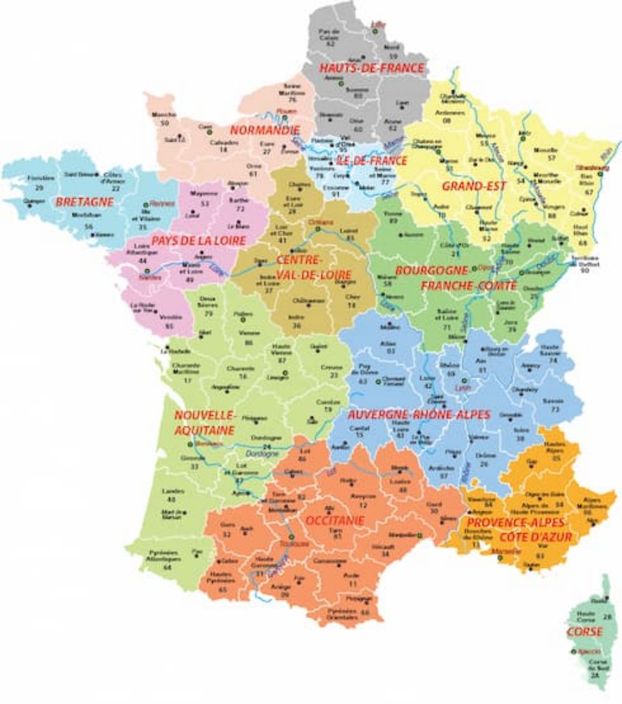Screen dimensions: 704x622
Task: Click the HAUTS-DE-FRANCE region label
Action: point(372,68)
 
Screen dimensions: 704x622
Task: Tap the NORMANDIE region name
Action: point(264,130)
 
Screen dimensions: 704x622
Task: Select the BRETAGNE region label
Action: point(84,202)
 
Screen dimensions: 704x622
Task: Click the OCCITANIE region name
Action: point(334,520)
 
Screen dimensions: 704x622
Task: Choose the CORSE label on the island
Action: point(586,632)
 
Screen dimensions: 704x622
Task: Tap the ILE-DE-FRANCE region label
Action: point(372,161)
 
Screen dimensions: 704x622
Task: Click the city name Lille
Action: point(377,26)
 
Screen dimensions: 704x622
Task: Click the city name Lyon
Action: point(463,387)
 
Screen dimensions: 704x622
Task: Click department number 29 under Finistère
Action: point(39,188)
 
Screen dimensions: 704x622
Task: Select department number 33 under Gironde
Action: point(194,467)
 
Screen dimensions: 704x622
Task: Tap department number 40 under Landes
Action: point(171,499)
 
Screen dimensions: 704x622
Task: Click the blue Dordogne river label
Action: point(264,455)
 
